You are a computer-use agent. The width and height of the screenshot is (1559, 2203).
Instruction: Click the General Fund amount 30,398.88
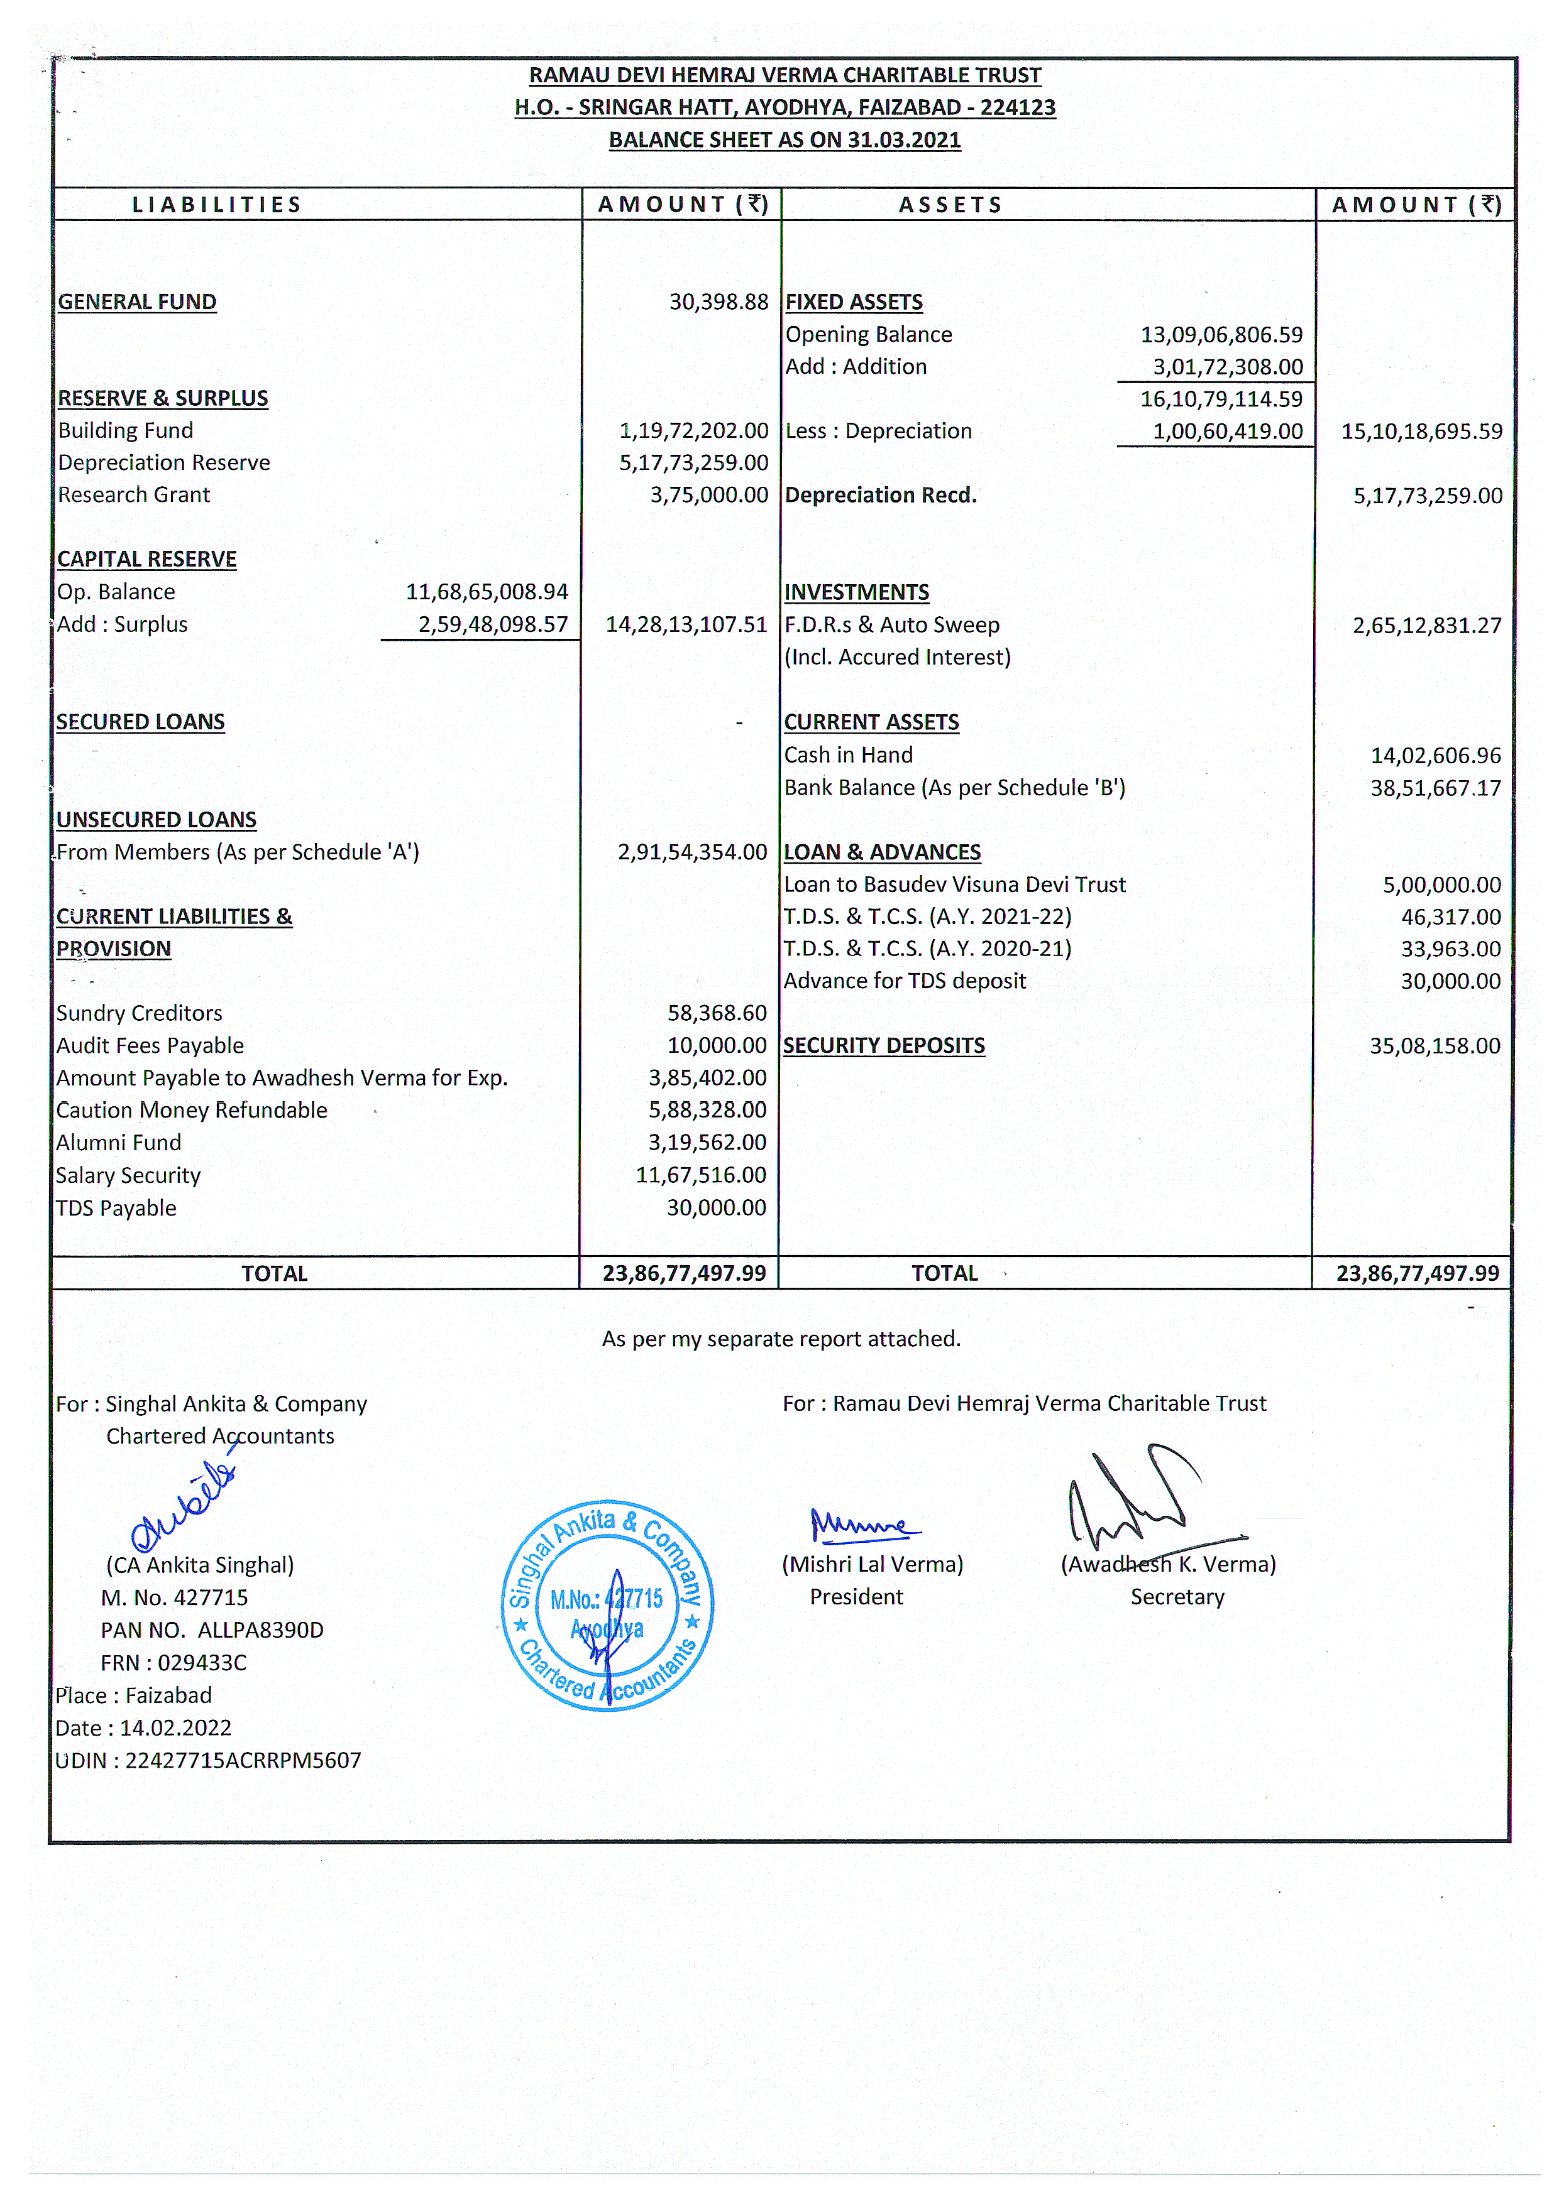718,302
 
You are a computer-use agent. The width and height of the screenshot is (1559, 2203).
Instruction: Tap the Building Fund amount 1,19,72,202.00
693,431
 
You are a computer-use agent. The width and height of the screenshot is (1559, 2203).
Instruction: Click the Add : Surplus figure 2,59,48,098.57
492,624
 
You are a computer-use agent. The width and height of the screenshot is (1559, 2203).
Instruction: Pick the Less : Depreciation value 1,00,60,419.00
1228,432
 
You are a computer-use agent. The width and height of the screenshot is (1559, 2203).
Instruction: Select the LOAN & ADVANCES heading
882,852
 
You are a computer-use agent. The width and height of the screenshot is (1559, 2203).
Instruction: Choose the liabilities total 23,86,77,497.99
685,1273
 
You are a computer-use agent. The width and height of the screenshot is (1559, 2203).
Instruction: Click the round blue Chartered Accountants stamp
608,1605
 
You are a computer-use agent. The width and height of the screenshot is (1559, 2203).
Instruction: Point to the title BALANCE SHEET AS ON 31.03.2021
785,140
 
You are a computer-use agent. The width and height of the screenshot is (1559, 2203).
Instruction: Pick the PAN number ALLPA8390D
260,1630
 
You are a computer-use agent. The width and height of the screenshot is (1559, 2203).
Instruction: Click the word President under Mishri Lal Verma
856,1597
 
